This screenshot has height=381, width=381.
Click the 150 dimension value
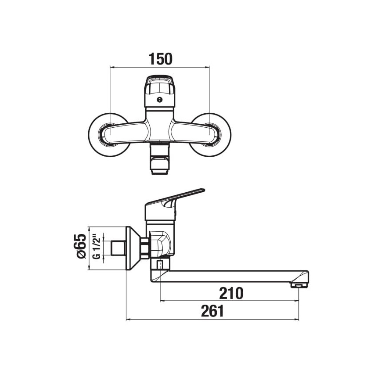coord(159,59)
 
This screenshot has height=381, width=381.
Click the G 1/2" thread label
coord(97,248)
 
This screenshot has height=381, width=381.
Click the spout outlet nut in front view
coord(159,162)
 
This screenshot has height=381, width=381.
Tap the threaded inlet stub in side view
coord(117,248)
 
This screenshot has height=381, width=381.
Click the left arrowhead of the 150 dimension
coord(111,67)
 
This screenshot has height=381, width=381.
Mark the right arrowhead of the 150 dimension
coord(208,67)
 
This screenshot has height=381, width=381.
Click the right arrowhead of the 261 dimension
coord(297,320)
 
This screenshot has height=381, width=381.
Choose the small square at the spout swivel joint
coord(161,265)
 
